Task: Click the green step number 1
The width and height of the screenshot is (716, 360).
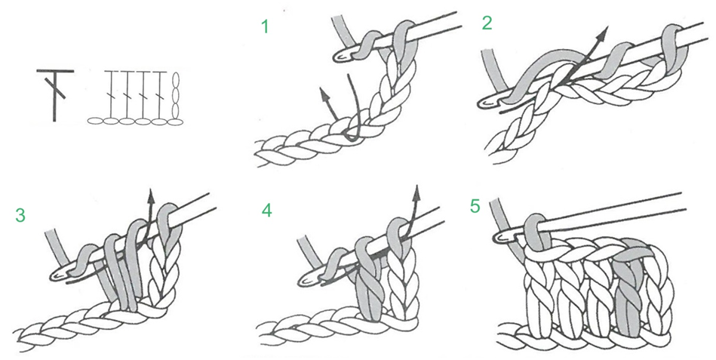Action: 264,28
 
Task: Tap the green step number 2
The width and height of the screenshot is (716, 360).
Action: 487,24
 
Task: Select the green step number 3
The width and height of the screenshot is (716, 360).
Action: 20,215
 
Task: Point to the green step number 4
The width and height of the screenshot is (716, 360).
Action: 266,209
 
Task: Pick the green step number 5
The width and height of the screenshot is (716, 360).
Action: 474,205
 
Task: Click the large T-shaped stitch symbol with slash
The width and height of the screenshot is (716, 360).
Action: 54,93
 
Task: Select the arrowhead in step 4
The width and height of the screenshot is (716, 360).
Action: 417,191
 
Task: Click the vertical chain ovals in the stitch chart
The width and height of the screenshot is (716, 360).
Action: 177,95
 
